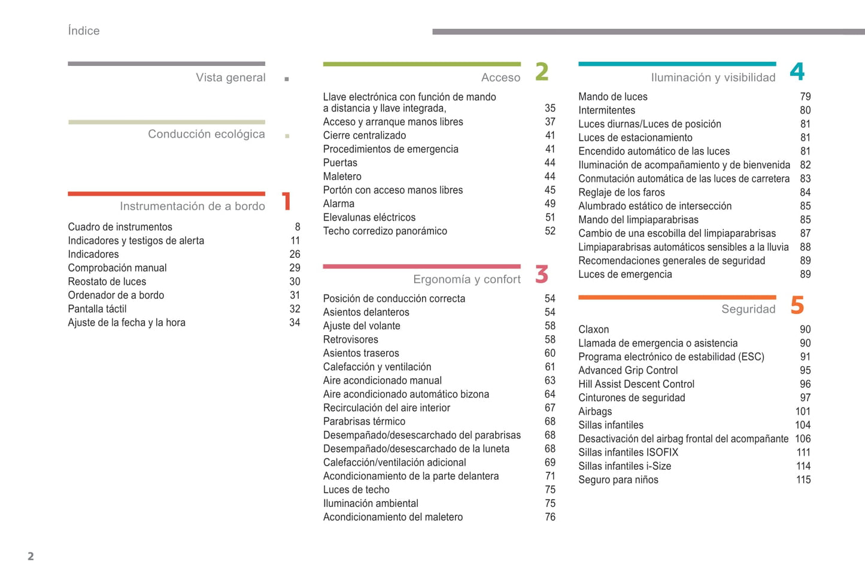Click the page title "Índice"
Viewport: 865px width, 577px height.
pyautogui.click(x=84, y=31)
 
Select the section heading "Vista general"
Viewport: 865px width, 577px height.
pyautogui.click(x=230, y=78)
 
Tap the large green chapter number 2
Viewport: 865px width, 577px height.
pyautogui.click(x=542, y=72)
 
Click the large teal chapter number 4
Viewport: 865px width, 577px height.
pyautogui.click(x=797, y=72)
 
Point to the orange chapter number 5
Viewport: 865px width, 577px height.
pyautogui.click(x=797, y=305)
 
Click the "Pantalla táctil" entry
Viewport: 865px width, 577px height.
pyautogui.click(x=97, y=309)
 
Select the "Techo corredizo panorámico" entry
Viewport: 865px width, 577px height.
pyautogui.click(x=385, y=231)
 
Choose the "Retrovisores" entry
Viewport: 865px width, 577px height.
pyautogui.click(x=350, y=339)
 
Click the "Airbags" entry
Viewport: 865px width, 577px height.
pyautogui.click(x=595, y=411)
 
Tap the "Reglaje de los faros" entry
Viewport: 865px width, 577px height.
pyautogui.click(x=621, y=192)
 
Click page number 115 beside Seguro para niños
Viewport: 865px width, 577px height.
pyautogui.click(x=803, y=479)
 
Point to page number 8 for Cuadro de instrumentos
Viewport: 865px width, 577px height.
pyautogui.click(x=297, y=227)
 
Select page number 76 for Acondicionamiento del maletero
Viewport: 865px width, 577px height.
pyautogui.click(x=550, y=517)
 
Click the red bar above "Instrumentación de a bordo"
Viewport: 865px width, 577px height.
pyautogui.click(x=166, y=193)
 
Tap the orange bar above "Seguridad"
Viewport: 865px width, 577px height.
pyautogui.click(x=677, y=297)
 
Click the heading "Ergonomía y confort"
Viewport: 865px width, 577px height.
pyautogui.click(x=466, y=280)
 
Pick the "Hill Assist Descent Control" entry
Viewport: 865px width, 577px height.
pyautogui.click(x=636, y=384)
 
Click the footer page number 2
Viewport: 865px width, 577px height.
pyautogui.click(x=31, y=556)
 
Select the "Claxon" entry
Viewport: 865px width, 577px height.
pyautogui.click(x=593, y=329)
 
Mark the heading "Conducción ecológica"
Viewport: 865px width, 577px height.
pyautogui.click(x=206, y=134)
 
